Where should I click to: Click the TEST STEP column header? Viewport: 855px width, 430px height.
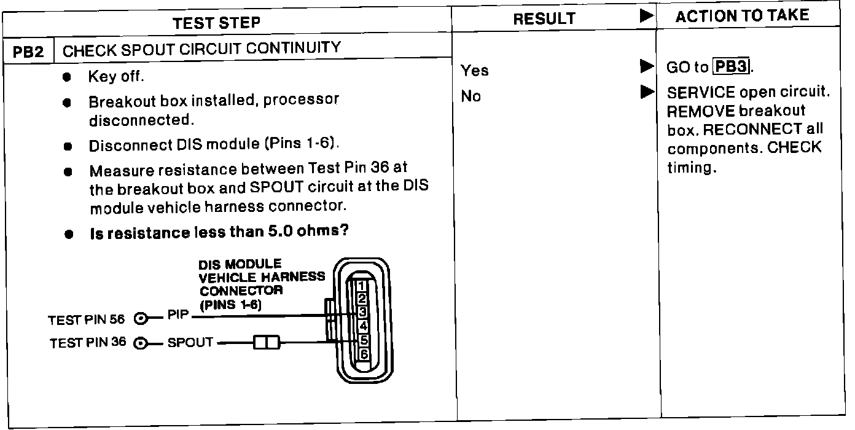[216, 23]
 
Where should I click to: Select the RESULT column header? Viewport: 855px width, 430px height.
[544, 19]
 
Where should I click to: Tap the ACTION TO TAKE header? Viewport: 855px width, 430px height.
[741, 17]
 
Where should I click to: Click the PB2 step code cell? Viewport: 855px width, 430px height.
[29, 52]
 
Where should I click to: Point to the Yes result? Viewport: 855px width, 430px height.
[475, 71]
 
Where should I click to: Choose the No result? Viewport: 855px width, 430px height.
[471, 96]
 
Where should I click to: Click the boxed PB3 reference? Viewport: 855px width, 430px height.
[730, 66]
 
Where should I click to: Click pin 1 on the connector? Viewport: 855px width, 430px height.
[362, 286]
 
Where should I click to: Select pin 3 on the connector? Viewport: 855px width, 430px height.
[362, 312]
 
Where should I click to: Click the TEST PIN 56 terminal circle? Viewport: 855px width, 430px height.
[141, 318]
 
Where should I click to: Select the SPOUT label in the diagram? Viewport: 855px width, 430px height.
[190, 342]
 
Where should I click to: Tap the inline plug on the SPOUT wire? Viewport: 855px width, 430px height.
[267, 342]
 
